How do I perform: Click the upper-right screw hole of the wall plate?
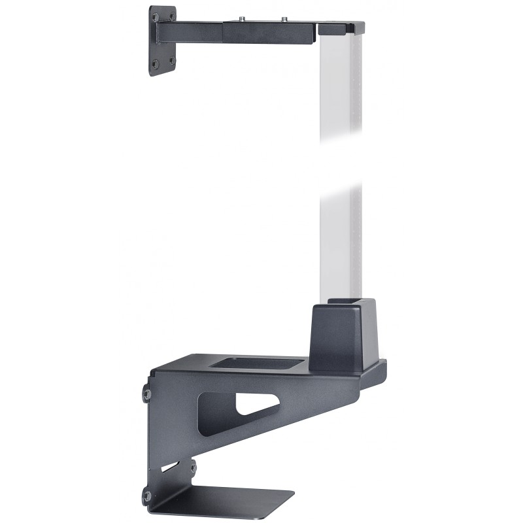[171, 16]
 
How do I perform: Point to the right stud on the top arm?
[285, 19]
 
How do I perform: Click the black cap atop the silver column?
[340, 28]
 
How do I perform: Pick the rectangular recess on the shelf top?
[258, 362]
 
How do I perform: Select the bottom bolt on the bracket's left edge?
[147, 496]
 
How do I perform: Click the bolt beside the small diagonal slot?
[192, 467]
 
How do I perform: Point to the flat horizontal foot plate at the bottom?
[229, 500]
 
